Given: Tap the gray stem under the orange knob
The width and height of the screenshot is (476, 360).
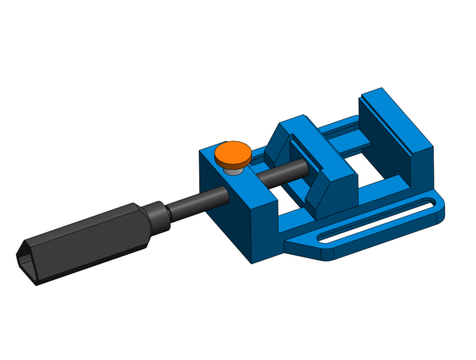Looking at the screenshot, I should click(x=233, y=169).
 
